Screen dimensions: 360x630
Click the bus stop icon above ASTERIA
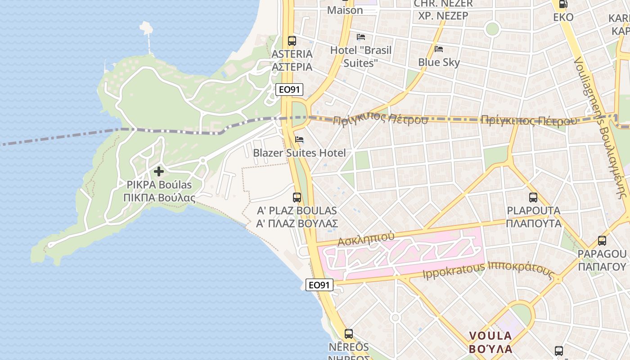(x=292, y=40)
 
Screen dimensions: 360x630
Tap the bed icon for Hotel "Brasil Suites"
(x=361, y=37)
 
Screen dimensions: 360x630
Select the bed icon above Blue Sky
(x=439, y=49)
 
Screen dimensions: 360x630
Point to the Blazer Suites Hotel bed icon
(x=299, y=139)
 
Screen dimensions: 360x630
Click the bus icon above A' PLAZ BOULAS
(x=297, y=197)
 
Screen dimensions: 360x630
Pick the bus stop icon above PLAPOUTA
(x=533, y=197)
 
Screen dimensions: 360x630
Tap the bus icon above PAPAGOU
(x=602, y=241)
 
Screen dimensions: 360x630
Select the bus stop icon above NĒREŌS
(x=348, y=333)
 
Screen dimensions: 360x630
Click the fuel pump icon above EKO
(x=563, y=4)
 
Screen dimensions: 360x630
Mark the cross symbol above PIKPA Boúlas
(x=158, y=171)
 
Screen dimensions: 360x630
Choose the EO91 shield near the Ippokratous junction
(x=319, y=285)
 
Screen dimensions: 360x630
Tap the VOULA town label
(x=490, y=336)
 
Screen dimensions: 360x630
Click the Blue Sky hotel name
(x=439, y=62)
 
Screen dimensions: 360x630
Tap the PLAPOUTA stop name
(x=533, y=211)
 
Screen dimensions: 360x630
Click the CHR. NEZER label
(x=443, y=4)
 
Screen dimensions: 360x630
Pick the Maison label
(x=345, y=10)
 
